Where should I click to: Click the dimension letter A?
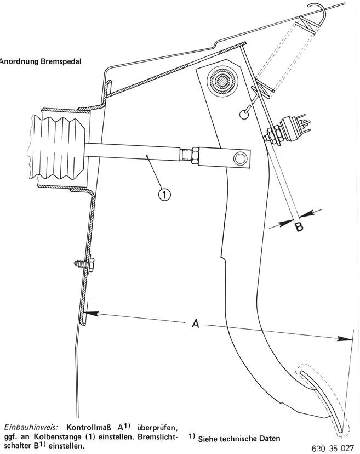195,324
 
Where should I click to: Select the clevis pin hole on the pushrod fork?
239,159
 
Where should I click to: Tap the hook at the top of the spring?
317,9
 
